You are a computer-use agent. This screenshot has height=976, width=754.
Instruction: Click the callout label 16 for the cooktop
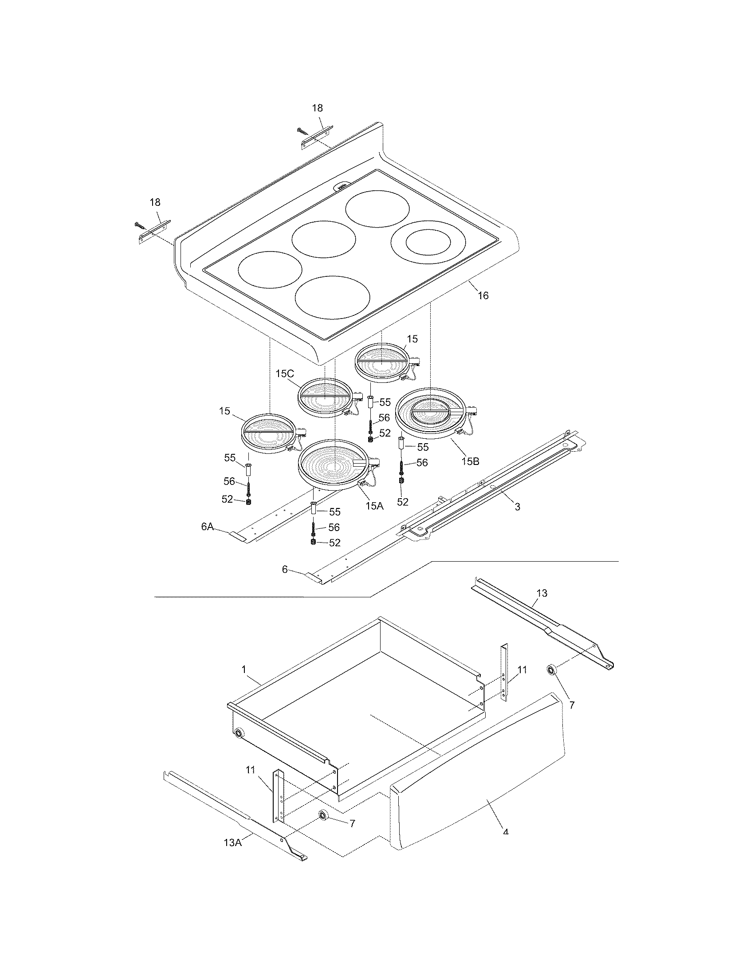click(483, 295)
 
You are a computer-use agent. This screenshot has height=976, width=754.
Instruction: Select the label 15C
click(285, 374)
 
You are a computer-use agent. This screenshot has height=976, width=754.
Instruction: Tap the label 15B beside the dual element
click(470, 461)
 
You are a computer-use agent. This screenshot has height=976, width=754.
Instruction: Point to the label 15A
click(374, 505)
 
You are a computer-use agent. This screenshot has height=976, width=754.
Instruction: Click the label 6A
click(207, 527)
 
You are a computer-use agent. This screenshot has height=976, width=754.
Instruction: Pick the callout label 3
click(517, 507)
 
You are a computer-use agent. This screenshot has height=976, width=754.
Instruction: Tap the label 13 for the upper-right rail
click(542, 593)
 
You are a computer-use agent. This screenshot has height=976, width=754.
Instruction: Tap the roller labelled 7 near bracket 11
click(322, 816)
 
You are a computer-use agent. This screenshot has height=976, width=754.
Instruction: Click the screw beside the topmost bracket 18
click(302, 131)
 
